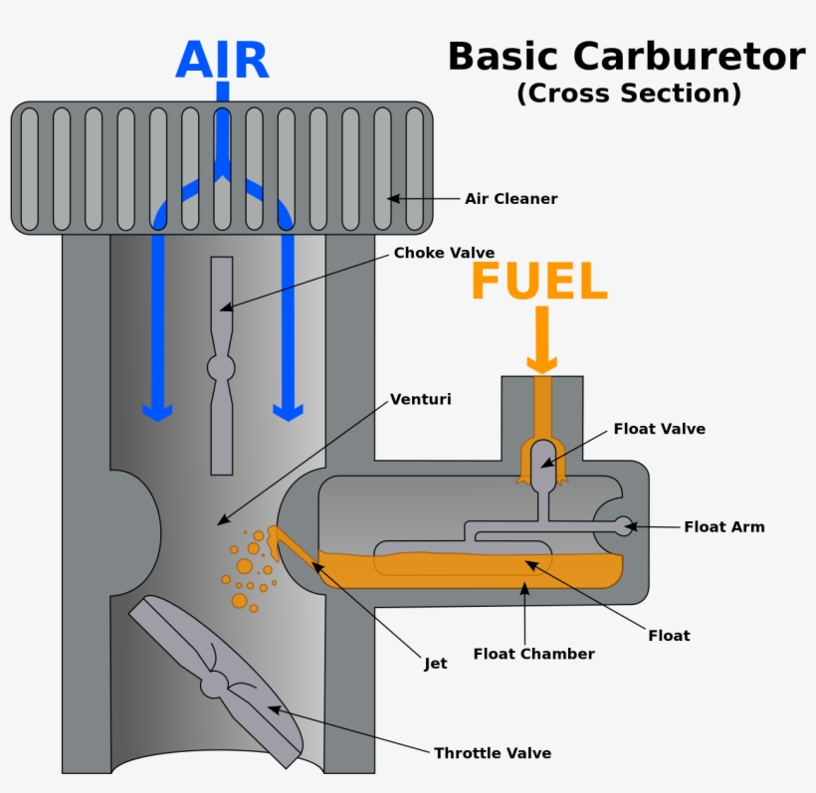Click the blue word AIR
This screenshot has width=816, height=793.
(x=222, y=62)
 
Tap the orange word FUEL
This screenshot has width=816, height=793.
(x=538, y=283)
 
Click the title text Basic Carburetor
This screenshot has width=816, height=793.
(x=626, y=57)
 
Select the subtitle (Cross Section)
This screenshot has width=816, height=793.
(x=629, y=94)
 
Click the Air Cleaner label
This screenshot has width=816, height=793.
(x=510, y=199)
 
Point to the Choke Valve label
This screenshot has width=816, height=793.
(x=444, y=253)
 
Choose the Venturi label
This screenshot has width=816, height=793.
(x=420, y=400)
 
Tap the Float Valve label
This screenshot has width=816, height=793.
(x=659, y=429)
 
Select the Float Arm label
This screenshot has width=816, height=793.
(x=723, y=526)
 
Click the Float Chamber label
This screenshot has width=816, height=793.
(x=533, y=654)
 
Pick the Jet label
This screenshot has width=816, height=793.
(x=435, y=663)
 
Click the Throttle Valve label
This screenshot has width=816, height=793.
(x=492, y=753)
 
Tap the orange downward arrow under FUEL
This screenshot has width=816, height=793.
(x=542, y=343)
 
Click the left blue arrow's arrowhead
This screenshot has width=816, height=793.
(x=156, y=411)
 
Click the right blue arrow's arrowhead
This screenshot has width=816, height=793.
(x=289, y=411)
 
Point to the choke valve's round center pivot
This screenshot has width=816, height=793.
(x=221, y=367)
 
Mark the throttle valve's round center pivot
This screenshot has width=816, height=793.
(x=214, y=685)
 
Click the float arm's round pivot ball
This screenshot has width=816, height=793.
(x=623, y=525)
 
